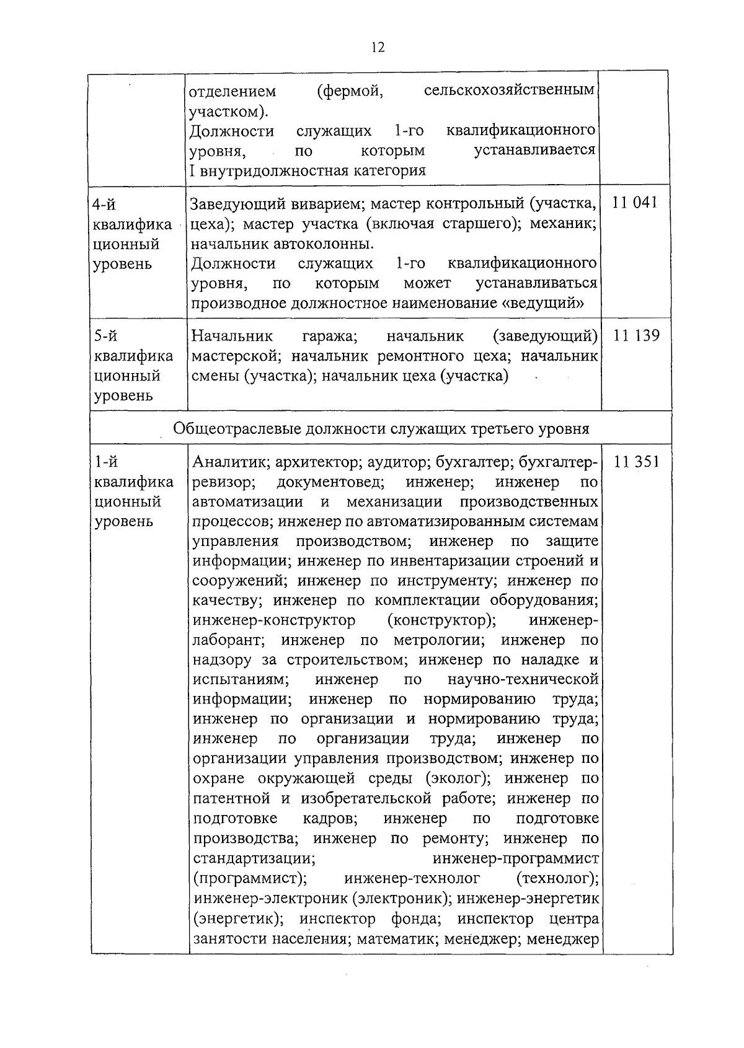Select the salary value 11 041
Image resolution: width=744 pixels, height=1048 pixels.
634,203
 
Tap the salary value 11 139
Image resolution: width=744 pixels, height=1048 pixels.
636,336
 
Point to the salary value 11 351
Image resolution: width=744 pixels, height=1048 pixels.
636,462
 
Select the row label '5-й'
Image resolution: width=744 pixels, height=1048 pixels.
105,336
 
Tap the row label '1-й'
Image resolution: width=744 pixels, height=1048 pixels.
105,462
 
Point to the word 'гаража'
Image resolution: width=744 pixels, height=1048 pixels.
329,337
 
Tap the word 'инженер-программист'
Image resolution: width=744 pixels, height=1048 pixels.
515,859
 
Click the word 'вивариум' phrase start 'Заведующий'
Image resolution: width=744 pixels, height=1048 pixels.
238,204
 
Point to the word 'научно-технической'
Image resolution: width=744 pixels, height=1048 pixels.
523,680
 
